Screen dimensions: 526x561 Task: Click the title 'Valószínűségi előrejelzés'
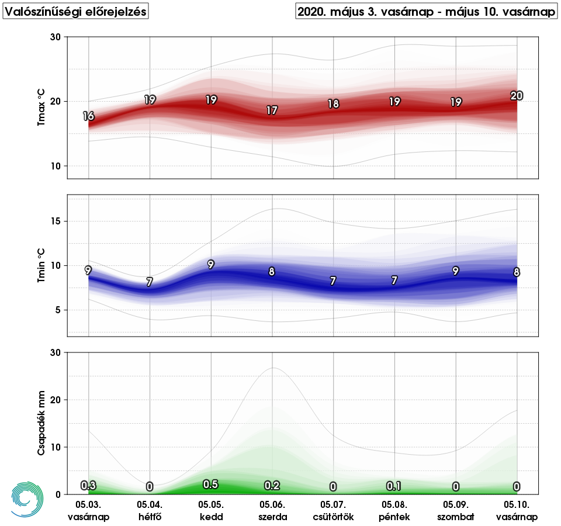tap(76, 12)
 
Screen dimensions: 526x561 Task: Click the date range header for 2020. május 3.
tap(426, 12)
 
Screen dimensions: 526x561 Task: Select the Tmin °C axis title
tap(41, 265)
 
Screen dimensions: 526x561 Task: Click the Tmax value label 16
tap(88, 116)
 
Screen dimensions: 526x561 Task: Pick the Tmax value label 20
tap(517, 96)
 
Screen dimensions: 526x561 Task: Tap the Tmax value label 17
tap(272, 110)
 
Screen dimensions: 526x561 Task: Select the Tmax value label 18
tap(333, 104)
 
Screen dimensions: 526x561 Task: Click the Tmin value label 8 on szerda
tap(272, 272)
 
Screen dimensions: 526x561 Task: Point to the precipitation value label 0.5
tap(210, 485)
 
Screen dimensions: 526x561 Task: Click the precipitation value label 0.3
tap(88, 486)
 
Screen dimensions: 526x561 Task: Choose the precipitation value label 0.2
tap(272, 486)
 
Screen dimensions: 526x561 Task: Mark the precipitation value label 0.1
tap(394, 486)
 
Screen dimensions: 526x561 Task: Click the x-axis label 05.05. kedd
tap(211, 510)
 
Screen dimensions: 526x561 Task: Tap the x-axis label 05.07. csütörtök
tap(333, 510)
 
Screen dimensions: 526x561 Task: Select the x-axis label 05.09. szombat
tap(456, 510)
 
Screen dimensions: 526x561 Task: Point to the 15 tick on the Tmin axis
tap(57, 222)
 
